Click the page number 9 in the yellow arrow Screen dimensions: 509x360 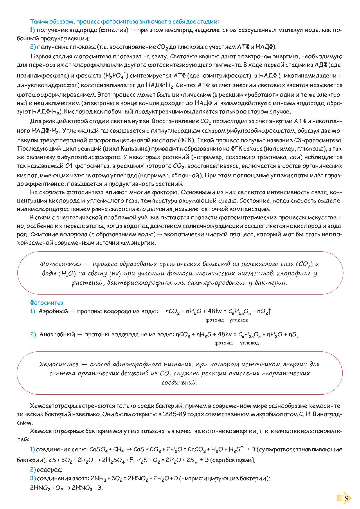coord(346,498)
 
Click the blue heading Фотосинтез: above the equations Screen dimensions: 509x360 coord(47,303)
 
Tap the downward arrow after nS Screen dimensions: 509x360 coord(298,334)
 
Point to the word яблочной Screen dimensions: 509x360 coord(187,175)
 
